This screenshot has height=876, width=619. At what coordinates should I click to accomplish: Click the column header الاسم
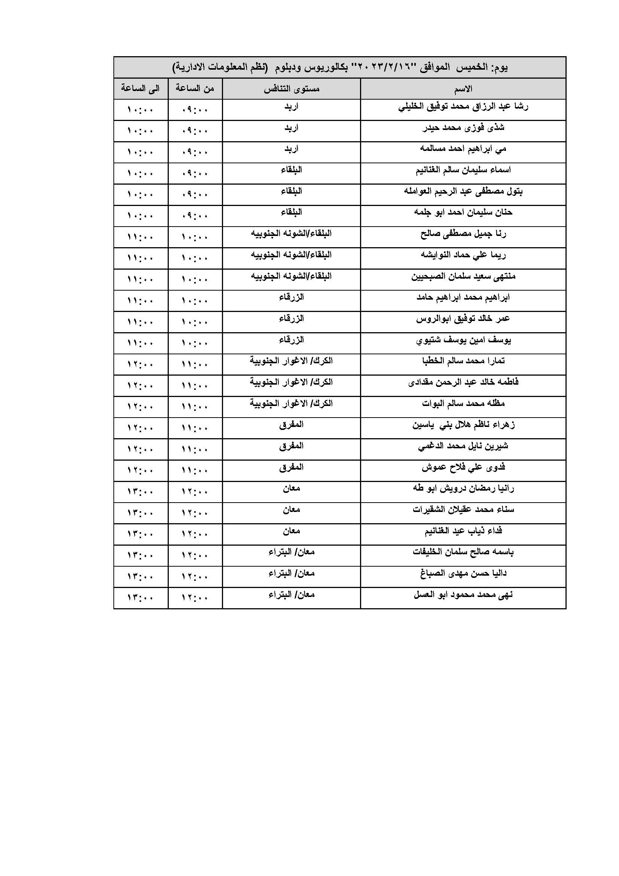click(463, 89)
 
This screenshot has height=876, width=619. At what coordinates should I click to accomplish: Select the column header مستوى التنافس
click(292, 89)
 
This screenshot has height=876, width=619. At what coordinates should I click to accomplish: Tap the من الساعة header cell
click(195, 88)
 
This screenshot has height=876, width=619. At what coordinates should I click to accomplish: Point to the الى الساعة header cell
click(140, 88)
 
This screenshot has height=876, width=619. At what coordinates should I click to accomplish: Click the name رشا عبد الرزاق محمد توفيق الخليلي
click(463, 107)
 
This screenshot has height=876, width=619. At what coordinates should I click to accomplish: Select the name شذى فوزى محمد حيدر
click(463, 128)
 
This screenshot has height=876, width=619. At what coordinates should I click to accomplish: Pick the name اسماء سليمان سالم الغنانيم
click(463, 170)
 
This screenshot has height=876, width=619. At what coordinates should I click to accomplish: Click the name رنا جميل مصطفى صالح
click(463, 234)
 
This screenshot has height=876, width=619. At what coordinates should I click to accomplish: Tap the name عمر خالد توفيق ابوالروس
click(463, 319)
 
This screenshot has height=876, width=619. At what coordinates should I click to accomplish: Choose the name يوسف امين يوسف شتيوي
click(463, 340)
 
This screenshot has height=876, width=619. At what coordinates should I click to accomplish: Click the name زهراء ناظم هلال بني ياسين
click(463, 425)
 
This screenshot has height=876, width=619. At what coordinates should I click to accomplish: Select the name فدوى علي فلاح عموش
click(463, 467)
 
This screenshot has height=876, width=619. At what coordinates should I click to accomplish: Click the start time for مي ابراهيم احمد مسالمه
click(195, 152)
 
